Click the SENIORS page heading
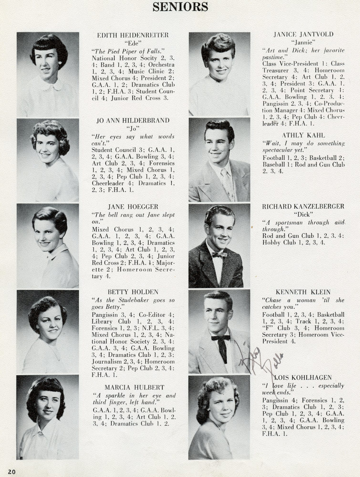180,6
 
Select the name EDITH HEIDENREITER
133,35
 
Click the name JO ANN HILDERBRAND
133,121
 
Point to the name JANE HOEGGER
133,207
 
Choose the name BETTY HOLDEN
133,292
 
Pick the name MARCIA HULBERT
134,387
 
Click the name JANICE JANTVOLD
303,35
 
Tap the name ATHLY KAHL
303,135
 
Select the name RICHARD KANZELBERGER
303,207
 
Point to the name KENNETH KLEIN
303,292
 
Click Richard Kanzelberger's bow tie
219,255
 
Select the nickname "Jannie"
303,42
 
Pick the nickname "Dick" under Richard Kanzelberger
303,214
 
